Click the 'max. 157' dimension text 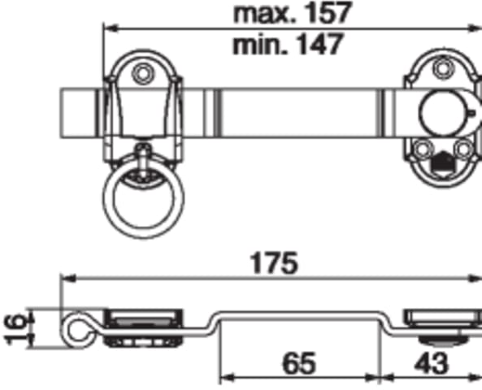click(292, 12)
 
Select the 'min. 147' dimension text click(288, 45)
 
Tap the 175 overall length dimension click(274, 263)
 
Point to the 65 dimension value click(299, 363)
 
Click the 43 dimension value click(432, 363)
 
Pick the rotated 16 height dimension click(15, 329)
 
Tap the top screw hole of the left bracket click(142, 73)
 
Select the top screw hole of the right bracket click(443, 68)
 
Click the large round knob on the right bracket click(443, 113)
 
